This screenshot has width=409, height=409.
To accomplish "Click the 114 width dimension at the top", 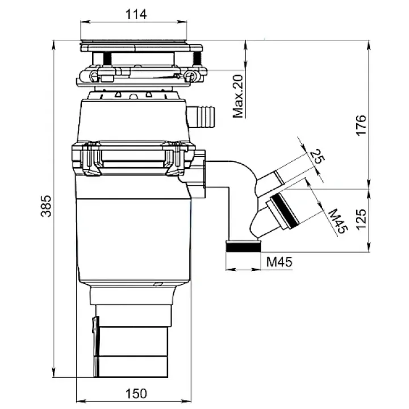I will click(134, 15).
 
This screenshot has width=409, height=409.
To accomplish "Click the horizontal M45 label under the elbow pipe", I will click(279, 262).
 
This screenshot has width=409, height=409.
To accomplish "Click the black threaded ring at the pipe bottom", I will click(244, 247).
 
